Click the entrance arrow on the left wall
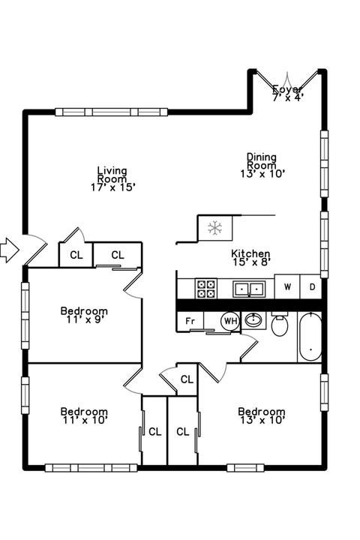pos(9,250)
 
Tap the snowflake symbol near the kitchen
pos(215,228)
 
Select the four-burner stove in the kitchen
pos(206,289)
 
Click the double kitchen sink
pos(249,289)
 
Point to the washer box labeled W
pos(287,286)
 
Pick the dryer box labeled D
pos(311,286)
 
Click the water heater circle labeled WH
pos(230,321)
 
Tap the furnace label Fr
pos(190,321)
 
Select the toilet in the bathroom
pos(280,324)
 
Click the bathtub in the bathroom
pos(310,337)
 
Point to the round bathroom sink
pos(253,320)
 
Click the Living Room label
pos(112,178)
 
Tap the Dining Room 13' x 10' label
pos(262,165)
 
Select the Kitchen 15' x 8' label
pos(250,258)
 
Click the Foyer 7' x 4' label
pos(288,93)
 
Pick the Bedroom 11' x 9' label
pos(84,315)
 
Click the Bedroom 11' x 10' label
pos(84,415)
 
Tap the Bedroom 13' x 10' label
pos(262,415)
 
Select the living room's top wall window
pos(111,112)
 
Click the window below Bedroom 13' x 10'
pos(245,468)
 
